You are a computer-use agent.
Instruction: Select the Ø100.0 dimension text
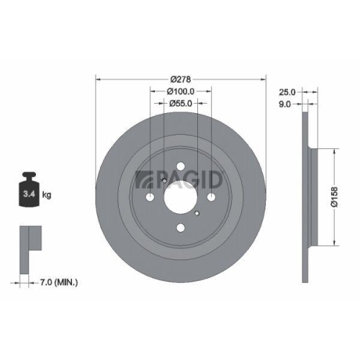click(x=181, y=91)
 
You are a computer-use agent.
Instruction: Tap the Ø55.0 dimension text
click(x=181, y=104)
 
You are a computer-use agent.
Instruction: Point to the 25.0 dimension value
click(x=287, y=92)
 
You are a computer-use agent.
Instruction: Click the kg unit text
click(x=47, y=194)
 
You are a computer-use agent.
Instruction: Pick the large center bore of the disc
click(x=181, y=195)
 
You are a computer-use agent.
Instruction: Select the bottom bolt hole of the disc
click(x=181, y=227)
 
